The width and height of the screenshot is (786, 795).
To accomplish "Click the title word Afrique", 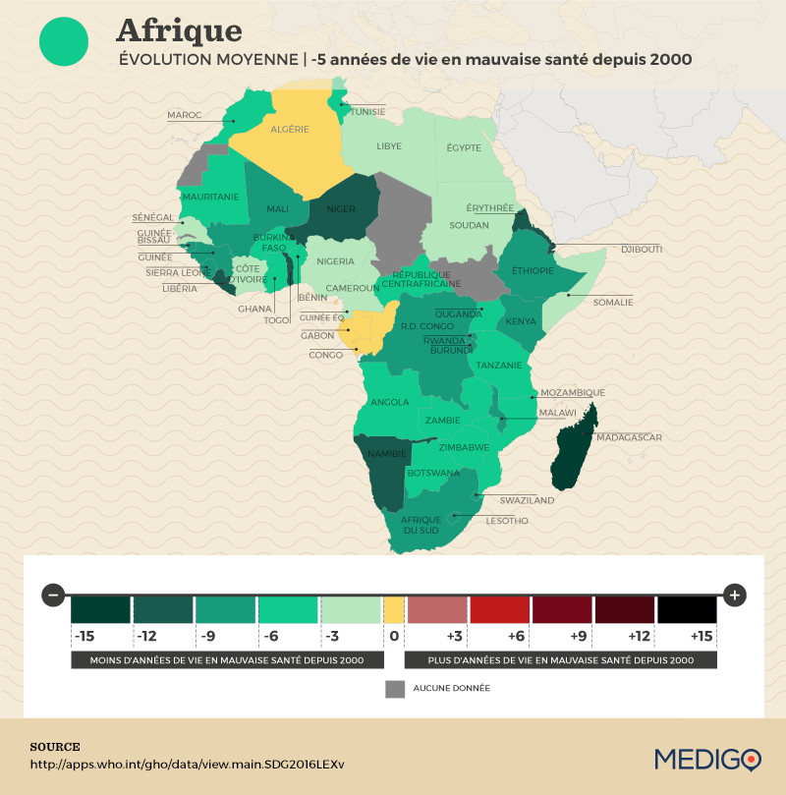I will (179, 28).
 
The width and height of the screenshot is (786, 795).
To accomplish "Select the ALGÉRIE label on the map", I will (289, 129).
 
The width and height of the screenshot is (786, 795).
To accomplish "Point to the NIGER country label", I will (340, 208).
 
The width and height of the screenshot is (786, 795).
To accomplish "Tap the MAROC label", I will (184, 115).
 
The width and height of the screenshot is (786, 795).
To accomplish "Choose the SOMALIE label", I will (613, 302).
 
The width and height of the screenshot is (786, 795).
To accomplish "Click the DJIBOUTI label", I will (641, 250).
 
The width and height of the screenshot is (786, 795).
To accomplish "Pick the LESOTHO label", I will (507, 520).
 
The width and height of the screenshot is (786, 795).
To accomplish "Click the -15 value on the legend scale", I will (86, 636).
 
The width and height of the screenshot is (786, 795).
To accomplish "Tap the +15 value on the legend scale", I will (701, 636).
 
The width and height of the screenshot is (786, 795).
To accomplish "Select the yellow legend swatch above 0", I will (393, 609).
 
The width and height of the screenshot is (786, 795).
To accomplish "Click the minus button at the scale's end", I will (54, 595).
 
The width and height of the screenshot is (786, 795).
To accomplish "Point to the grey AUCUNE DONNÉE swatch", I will (394, 688).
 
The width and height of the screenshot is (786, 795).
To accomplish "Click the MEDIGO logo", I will (706, 759).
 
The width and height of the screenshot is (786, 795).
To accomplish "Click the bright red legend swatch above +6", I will (501, 609).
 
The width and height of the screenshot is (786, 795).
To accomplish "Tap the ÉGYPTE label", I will (464, 147).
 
